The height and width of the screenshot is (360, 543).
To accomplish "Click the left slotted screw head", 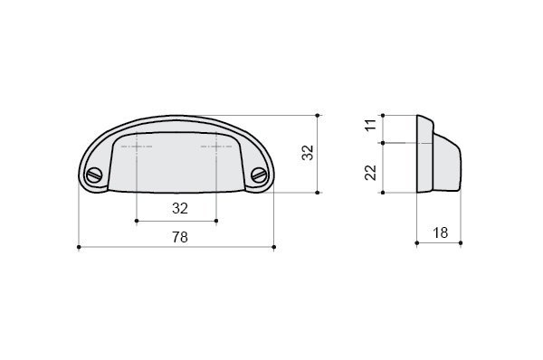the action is point(94,175).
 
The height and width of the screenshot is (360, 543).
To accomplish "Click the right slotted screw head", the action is point(259,175).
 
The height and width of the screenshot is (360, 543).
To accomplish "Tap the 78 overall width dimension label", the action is point(180,237).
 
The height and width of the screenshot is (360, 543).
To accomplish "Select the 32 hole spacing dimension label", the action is point(180,208).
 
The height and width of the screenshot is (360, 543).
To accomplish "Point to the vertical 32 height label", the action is point(308,153).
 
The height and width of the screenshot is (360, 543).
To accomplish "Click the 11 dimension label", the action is point(370,125).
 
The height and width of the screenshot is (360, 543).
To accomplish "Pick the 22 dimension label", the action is point(370,173).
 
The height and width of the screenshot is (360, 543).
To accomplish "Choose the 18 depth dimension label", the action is point(440,233).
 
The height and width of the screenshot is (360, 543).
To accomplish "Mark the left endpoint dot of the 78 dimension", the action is point(79,247).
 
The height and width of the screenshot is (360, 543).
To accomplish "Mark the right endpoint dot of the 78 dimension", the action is point(274,247).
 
